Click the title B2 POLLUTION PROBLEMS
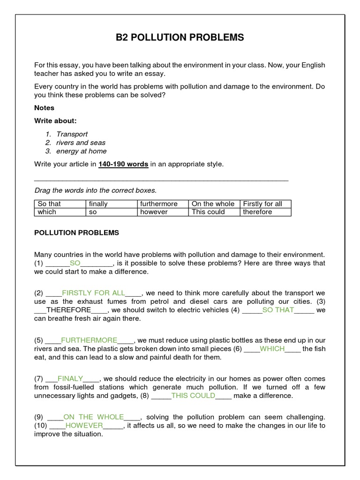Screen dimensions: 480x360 [180, 37]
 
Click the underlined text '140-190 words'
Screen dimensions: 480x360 [123, 164]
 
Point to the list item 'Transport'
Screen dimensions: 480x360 [72, 134]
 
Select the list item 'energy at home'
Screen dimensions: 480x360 [81, 151]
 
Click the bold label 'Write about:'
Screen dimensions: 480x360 [55, 121]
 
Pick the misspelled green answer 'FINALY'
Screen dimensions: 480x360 [70, 378]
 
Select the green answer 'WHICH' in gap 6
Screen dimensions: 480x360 [272, 348]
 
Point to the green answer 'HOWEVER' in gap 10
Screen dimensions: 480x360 [84, 425]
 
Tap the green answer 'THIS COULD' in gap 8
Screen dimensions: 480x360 [193, 395]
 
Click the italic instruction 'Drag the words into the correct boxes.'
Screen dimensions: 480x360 [96, 190]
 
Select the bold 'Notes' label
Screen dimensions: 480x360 [45, 108]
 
